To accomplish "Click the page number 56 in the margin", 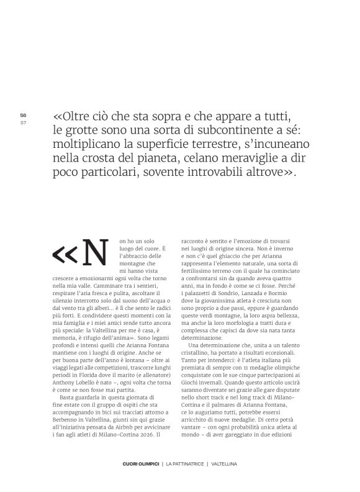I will (x=23, y=115).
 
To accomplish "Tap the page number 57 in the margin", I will (x=23, y=122).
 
